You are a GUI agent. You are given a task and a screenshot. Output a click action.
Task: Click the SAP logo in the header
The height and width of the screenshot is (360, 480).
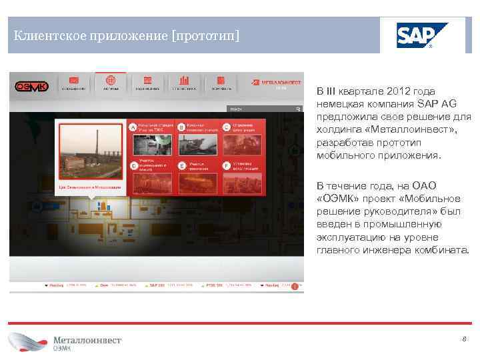tap(422, 35)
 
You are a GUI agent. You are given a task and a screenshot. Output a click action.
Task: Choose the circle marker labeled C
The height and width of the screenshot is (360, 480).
tap(227, 127)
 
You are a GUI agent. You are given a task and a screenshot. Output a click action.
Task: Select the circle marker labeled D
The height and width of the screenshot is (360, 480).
tap(133, 165)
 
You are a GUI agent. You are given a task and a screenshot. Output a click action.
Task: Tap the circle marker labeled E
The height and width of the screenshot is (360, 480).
tap(180, 165)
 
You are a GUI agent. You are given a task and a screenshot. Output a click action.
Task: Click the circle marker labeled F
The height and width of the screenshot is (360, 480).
tap(227, 165)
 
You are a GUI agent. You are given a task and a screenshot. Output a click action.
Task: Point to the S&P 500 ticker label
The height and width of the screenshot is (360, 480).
tap(157, 285)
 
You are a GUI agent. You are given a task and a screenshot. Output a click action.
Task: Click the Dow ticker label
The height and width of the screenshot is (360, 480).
tap(103, 285)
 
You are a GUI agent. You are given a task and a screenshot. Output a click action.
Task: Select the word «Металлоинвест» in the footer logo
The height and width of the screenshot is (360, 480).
tap(87, 340)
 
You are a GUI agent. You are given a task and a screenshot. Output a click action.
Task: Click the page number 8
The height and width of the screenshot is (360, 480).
tap(463, 339)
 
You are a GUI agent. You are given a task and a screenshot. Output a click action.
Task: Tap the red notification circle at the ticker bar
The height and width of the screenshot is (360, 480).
tap(294, 287)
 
